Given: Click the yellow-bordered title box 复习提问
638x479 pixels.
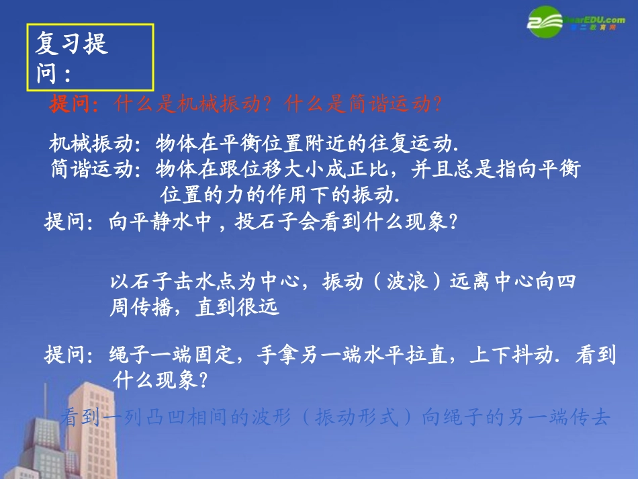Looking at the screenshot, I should (x=90, y=58).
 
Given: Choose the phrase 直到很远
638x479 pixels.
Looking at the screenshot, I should (x=236, y=308).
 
